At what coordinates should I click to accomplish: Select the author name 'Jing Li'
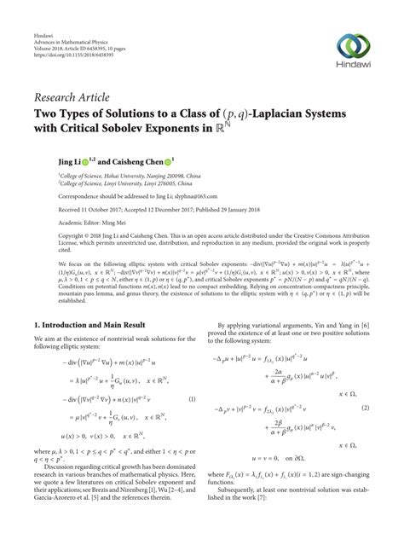coord(47,159)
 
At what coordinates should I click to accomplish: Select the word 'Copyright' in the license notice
coord(49,240)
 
